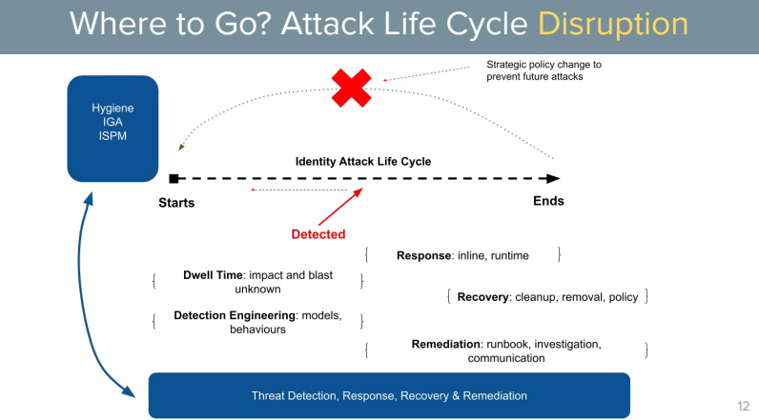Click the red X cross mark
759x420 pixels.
pos(351,89)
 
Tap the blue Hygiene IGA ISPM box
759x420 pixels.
pos(112,128)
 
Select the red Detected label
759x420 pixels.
pos(318,233)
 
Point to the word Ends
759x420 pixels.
pos(547,201)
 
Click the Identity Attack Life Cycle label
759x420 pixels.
pos(362,161)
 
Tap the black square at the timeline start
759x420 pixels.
pos(174,178)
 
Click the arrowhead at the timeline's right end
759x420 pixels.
pos(554,178)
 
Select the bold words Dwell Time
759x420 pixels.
pos(213,274)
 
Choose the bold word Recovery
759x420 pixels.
pos(483,296)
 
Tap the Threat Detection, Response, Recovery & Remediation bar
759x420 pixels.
pos(389,395)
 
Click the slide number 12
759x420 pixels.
pos(742,405)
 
